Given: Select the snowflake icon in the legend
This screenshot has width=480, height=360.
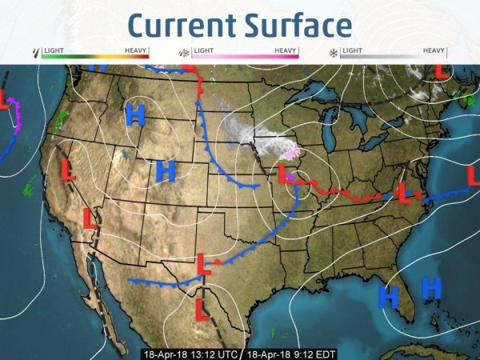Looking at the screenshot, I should click(333, 54).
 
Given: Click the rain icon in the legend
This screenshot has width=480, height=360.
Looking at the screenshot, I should click(34, 54).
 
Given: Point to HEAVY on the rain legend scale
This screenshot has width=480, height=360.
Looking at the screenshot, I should click(137, 50).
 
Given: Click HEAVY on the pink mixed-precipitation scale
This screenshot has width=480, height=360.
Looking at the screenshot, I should click(286, 50).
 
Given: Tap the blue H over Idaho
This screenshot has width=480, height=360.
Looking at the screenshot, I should click(134, 116).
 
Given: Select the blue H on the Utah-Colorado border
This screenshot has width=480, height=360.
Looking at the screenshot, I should click(165, 170).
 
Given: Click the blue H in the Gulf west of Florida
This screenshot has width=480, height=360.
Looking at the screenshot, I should click(388, 295).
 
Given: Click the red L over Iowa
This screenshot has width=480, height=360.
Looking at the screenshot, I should click(282, 171).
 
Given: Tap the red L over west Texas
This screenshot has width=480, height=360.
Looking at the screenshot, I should click(204, 263).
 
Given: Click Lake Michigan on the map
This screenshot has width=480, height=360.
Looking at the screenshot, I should click(329, 136).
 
